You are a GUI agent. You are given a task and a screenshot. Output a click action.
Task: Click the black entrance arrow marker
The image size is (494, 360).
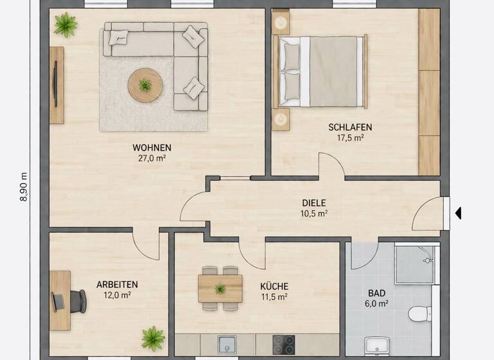click(458, 213)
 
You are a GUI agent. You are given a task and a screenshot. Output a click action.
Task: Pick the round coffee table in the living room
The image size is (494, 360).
click(145, 85)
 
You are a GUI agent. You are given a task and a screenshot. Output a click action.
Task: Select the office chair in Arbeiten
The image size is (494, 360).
click(76, 300)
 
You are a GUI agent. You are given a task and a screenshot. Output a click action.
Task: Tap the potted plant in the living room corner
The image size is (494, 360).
click(65, 25)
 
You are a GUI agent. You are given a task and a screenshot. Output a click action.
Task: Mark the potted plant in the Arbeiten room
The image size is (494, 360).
click(152, 337)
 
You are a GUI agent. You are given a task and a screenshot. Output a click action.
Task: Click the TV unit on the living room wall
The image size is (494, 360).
click(57, 85)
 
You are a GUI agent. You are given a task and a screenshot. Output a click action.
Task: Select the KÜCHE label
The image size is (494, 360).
click(274, 286)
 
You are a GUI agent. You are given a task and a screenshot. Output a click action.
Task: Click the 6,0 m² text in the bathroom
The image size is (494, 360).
click(378, 303)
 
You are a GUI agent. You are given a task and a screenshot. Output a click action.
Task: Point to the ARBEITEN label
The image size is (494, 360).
click(117, 284)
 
